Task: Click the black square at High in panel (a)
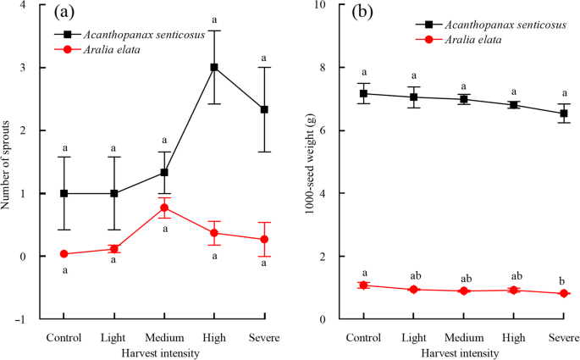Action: click(214, 67)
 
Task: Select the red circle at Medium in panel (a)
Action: click(164, 208)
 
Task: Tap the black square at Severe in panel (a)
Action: click(264, 109)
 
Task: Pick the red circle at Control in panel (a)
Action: click(64, 254)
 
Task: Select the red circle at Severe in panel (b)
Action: click(563, 294)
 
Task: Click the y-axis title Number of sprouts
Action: click(10, 161)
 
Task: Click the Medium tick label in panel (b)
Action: click(463, 337)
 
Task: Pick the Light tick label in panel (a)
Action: click(114, 337)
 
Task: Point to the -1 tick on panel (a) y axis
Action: click(27, 319)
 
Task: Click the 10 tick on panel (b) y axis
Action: click(323, 5)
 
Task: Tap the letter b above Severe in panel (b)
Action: click(563, 280)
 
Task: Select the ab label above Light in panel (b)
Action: click(413, 274)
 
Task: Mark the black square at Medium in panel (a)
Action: click(164, 172)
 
